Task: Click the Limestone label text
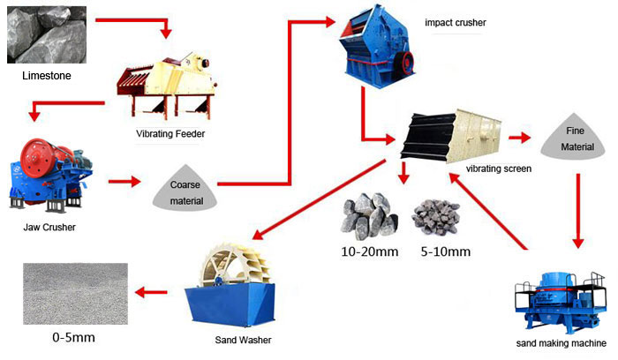point(47,77)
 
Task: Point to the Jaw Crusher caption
point(49,228)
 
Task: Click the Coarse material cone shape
point(185,188)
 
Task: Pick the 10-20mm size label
point(370,251)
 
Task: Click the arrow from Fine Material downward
point(578,207)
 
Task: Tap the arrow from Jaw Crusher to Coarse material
point(124,183)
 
